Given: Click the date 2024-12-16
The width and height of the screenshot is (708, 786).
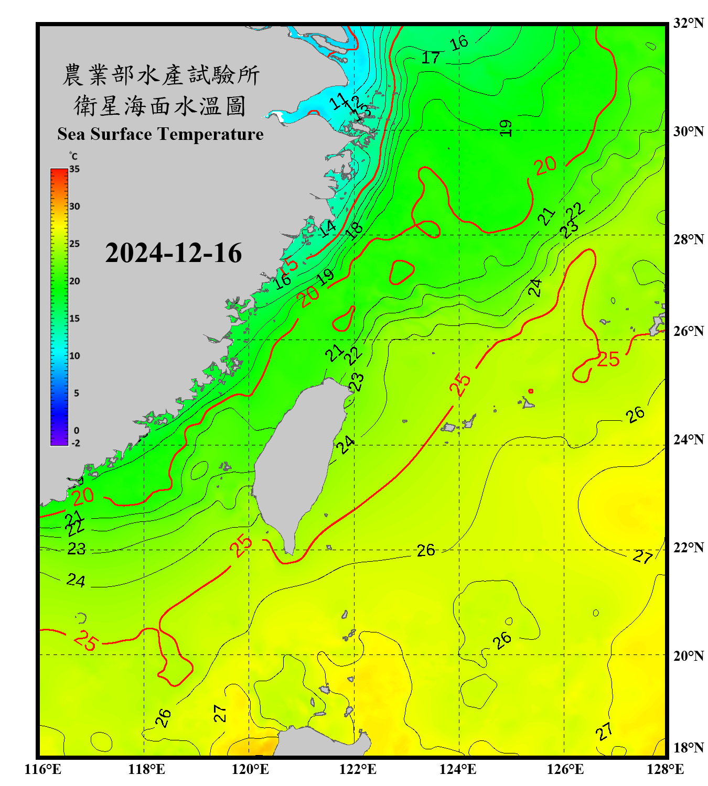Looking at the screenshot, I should coord(173,253).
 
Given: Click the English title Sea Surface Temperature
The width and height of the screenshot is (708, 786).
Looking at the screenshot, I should coord(160,134).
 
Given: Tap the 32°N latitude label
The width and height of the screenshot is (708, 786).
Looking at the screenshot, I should coord(688,23).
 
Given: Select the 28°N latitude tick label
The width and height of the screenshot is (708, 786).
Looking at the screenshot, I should coord(688,239).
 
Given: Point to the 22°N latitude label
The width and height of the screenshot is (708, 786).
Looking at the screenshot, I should coord(688,548).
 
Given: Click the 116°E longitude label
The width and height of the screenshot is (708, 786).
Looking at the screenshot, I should coord(42,769).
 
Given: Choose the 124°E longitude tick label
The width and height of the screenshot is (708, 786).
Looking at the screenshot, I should coord(458,769).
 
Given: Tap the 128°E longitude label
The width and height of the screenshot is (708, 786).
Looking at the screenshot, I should coord(665,769).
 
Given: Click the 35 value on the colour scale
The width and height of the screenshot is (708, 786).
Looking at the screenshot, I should coord(74,169).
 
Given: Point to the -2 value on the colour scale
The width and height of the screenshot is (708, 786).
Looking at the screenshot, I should coord(76,443).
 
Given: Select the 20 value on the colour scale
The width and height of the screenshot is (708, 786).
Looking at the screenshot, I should coord(74,281).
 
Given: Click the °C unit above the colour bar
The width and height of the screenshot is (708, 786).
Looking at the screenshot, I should coord(73,157).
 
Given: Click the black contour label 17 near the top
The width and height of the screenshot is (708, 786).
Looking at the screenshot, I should coord(431,58).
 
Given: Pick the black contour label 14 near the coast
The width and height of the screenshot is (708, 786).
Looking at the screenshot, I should coord(328,228).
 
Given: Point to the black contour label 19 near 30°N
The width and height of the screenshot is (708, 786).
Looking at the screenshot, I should coord(505,128).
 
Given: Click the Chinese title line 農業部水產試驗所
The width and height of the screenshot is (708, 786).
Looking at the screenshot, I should coord(160,75).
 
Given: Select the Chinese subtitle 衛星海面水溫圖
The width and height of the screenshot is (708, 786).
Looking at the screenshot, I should coord(160,106).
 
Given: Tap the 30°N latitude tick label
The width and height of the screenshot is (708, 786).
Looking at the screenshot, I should coord(688,132).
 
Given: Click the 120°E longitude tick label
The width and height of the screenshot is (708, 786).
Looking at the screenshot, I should coord(250,769).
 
